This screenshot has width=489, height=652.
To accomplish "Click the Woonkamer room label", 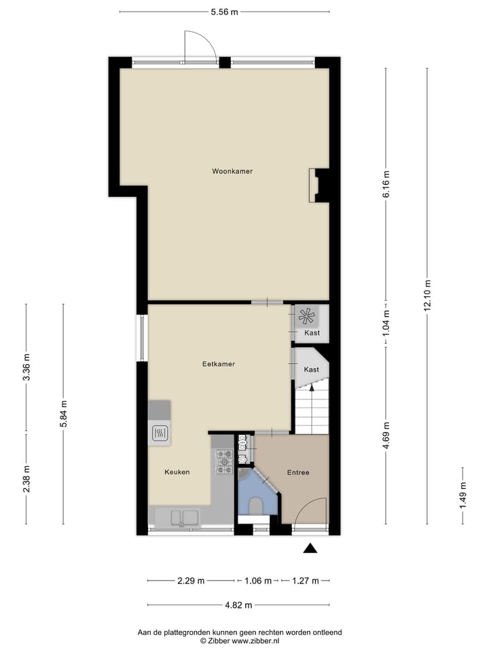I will tap(232, 171).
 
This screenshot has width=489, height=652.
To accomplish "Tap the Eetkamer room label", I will tap(218, 364).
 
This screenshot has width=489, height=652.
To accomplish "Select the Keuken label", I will tap(177, 472).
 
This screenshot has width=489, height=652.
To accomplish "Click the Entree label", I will tap(298, 473).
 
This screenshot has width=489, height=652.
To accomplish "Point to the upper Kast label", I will tap(312, 333).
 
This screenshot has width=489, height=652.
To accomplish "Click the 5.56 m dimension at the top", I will tap(224, 12).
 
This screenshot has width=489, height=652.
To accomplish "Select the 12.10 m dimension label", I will tap(427, 295).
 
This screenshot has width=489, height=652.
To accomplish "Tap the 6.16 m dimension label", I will tap(386, 184).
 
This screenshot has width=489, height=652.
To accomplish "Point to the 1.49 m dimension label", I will tap(463, 495).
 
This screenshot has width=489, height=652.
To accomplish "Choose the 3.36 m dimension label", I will tap(26, 367).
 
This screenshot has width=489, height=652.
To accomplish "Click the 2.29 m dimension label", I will tap(191, 581).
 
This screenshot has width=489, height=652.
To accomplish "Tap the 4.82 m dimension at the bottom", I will tap(238, 605).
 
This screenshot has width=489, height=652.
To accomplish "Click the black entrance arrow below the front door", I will tap(310, 548).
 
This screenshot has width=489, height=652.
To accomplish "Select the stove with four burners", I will tap(223, 461).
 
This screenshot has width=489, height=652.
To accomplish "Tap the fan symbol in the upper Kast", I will tap(306, 316).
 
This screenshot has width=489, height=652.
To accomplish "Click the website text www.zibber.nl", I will tap(255, 640).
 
